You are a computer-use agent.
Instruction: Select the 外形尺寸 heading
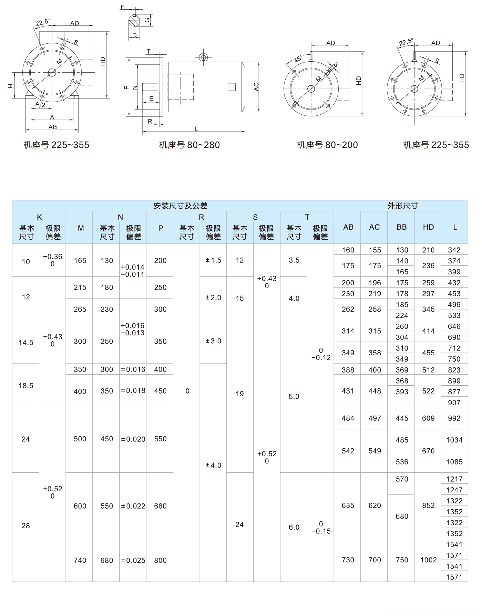click(x=402, y=206)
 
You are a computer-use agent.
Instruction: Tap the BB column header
click(x=402, y=227)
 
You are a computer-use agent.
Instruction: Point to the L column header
click(x=455, y=227)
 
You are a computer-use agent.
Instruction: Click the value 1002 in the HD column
click(x=428, y=560)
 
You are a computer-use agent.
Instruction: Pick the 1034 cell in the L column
click(x=454, y=440)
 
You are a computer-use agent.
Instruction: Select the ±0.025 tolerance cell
click(x=133, y=560)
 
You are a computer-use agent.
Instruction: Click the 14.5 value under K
click(x=26, y=342)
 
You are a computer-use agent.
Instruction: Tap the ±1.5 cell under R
click(x=213, y=260)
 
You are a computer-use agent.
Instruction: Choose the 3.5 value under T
click(x=294, y=260)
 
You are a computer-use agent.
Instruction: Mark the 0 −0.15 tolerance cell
click(x=321, y=528)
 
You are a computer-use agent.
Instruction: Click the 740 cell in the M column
click(x=80, y=560)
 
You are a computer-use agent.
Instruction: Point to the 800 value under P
click(x=160, y=560)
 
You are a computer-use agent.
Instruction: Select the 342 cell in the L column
click(x=454, y=250)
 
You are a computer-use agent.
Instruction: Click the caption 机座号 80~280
click(x=189, y=145)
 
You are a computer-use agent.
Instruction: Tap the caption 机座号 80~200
click(x=327, y=145)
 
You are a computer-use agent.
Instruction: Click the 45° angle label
click(x=298, y=59)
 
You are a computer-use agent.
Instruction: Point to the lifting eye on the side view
click(x=204, y=57)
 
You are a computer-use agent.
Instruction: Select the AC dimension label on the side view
click(x=256, y=87)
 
